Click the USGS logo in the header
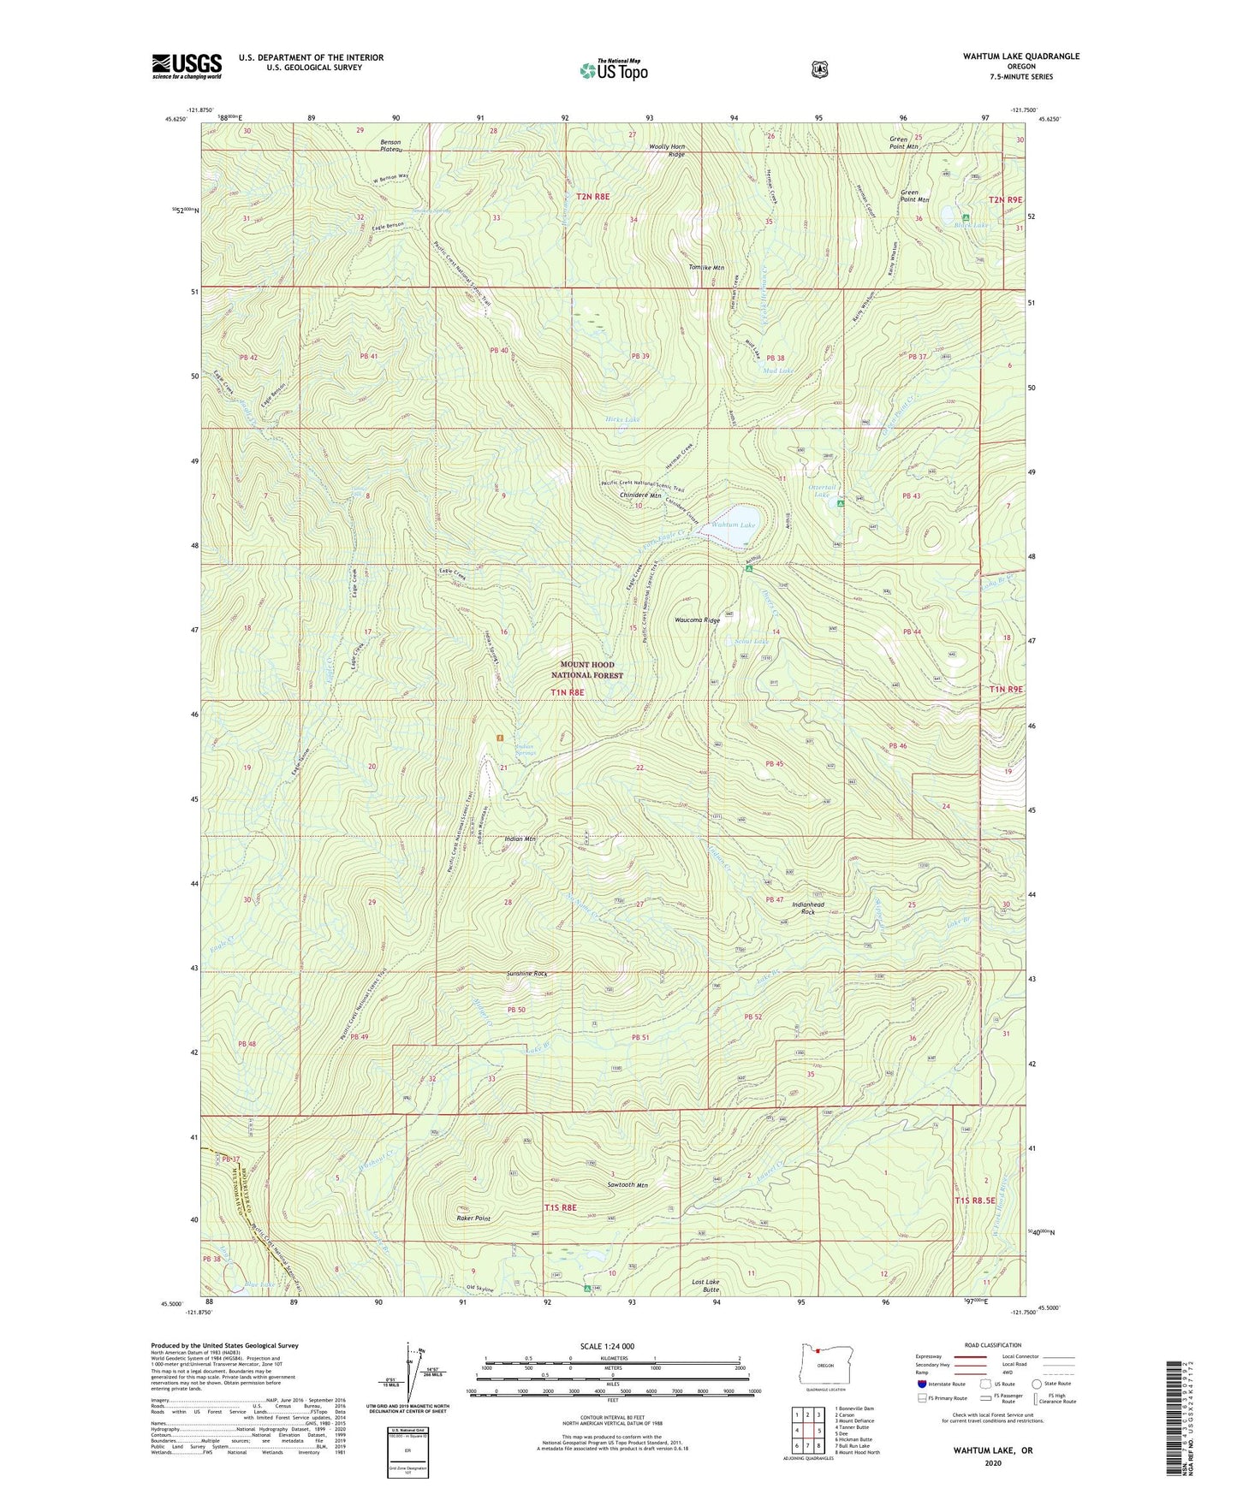(187, 66)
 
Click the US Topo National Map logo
(610, 69)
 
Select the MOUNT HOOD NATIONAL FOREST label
(586, 670)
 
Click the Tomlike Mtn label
(706, 268)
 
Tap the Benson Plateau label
(390, 145)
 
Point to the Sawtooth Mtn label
(627, 1185)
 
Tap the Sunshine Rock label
(526, 974)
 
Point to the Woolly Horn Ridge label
(667, 150)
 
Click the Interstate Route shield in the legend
(921, 1383)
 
